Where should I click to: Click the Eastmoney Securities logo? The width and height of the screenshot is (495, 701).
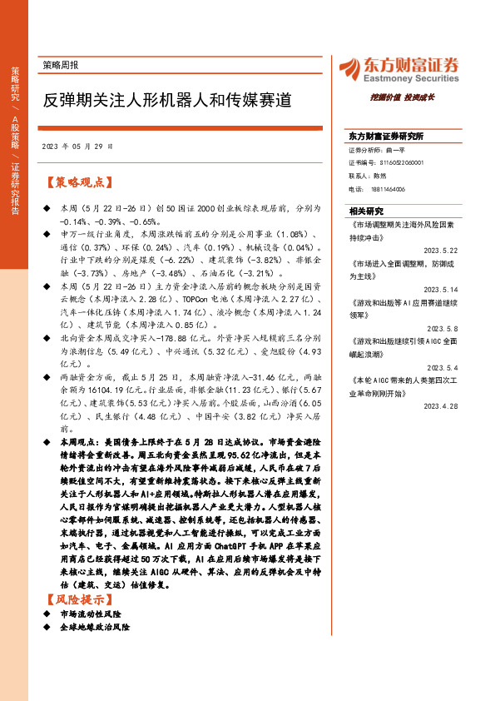(x=398, y=68)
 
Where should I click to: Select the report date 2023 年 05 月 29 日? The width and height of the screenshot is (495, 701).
(x=75, y=146)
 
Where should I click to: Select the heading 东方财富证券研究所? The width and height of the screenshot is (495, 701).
(x=386, y=136)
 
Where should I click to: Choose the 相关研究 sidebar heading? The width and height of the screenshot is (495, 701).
(x=366, y=211)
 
